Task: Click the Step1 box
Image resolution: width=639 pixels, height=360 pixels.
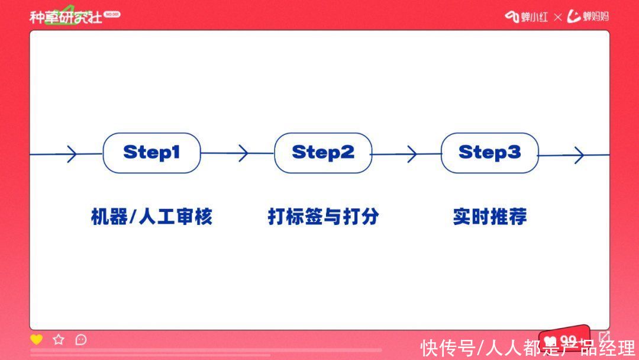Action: (x=151, y=153)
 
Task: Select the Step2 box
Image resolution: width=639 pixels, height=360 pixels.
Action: (x=323, y=153)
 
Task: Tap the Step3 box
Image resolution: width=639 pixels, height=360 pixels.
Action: (x=490, y=153)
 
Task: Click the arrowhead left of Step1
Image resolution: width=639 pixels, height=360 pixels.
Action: (x=72, y=154)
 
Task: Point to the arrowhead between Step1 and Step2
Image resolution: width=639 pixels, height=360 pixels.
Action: (x=244, y=153)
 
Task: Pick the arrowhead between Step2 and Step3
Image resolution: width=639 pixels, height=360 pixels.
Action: (x=412, y=154)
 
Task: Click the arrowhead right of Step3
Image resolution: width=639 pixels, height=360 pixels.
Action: (x=579, y=155)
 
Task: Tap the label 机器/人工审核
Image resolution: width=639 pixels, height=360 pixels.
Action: (x=151, y=217)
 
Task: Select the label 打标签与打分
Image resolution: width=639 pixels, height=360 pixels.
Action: (x=323, y=217)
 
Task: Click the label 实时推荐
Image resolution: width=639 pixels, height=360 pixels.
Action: (x=490, y=217)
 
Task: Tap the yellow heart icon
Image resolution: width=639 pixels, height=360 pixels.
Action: (x=36, y=339)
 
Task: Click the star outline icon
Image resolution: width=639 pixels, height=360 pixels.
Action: (x=59, y=339)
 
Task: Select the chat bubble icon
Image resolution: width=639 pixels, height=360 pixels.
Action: (x=81, y=340)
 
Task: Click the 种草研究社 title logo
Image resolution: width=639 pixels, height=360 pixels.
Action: (x=66, y=17)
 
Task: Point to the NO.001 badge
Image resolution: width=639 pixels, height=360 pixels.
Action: (x=112, y=14)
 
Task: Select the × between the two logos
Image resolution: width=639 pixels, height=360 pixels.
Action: (x=558, y=17)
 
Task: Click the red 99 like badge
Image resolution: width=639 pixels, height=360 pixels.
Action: (x=564, y=339)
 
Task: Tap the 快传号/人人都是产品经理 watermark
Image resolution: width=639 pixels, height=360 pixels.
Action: (x=528, y=348)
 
